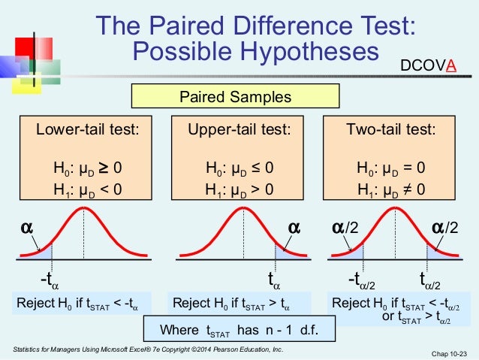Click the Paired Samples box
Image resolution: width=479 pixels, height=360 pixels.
click(x=235, y=97)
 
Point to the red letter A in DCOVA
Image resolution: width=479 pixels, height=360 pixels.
click(x=450, y=65)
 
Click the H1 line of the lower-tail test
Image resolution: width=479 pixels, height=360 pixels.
click(x=88, y=189)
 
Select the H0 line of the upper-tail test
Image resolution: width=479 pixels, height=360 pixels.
click(x=239, y=168)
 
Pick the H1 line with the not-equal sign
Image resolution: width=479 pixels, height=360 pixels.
click(x=390, y=189)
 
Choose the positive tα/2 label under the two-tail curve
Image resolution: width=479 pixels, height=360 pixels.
click(x=432, y=280)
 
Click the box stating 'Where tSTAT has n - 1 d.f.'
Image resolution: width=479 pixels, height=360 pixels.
click(x=239, y=329)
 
